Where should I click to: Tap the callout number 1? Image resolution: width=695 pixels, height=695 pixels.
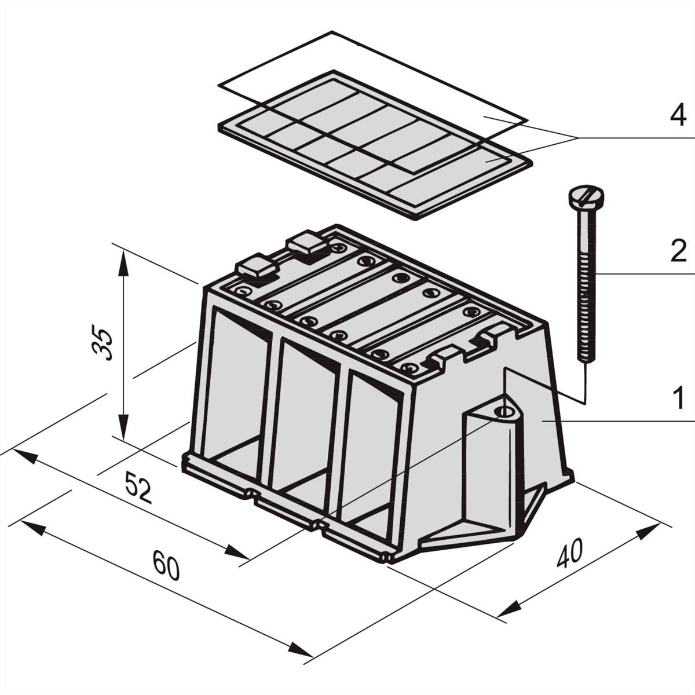679,397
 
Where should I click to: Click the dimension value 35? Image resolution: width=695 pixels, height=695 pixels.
102,342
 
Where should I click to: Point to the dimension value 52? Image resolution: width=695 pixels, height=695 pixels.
138,488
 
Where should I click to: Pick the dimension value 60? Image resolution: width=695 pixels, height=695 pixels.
166,565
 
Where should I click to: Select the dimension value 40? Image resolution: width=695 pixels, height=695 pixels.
570,556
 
